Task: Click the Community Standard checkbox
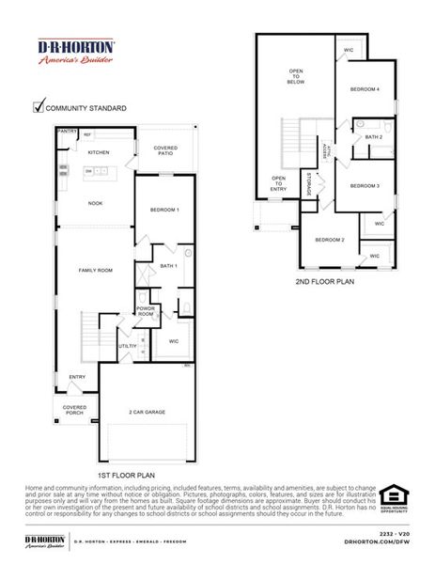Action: (39, 106)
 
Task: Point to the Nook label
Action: (96, 203)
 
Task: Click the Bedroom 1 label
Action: (164, 209)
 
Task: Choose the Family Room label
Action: (96, 270)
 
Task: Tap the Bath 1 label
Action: (169, 266)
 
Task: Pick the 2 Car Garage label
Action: (148, 412)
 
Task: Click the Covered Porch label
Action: (75, 410)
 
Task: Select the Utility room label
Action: (126, 346)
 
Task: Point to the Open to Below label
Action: (296, 76)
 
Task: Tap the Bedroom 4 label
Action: (365, 89)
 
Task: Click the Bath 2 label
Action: (373, 137)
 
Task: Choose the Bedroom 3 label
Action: (365, 186)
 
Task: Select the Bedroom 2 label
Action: (330, 240)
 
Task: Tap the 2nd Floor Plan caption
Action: (324, 280)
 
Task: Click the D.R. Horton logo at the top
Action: (75, 51)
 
